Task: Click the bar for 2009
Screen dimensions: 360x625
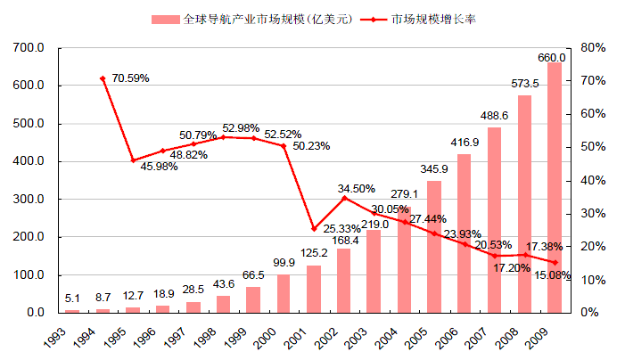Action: click(555, 187)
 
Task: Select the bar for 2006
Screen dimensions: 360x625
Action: click(464, 233)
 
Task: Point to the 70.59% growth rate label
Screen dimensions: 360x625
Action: click(130, 78)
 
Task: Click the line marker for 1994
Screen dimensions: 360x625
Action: click(103, 78)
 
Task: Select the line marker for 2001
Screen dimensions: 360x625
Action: click(314, 229)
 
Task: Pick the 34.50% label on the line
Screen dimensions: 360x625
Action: click(357, 189)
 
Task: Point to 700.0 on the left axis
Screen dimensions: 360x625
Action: click(29, 47)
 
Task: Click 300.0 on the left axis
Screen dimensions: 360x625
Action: click(29, 199)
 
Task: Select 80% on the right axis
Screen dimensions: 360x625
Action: click(593, 47)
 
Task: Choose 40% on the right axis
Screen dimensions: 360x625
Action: click(593, 180)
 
